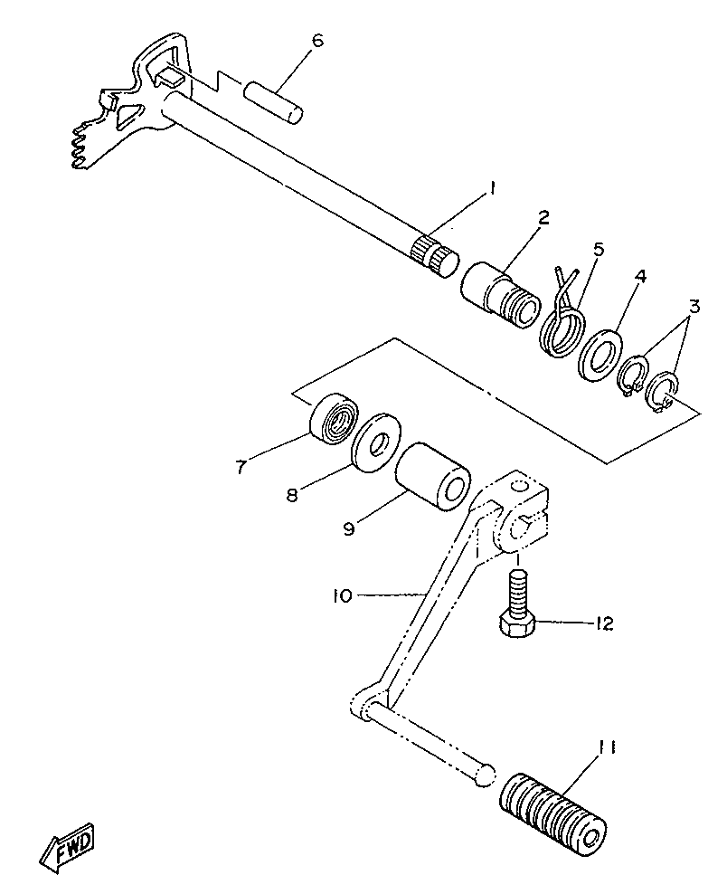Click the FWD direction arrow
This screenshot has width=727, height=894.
tap(68, 848)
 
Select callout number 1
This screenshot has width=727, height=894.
tap(492, 187)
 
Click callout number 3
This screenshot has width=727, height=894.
tap(693, 306)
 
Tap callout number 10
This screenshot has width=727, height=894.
tap(342, 595)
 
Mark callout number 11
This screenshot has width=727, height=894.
tap(607, 747)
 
